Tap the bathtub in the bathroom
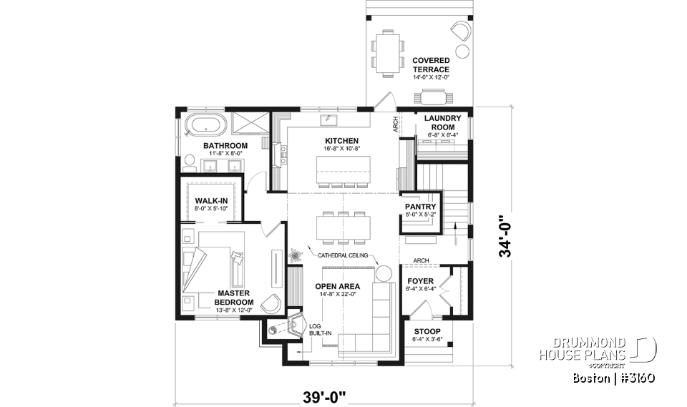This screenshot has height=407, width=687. pyautogui.click(x=205, y=127)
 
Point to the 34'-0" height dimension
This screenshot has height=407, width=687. pyautogui.click(x=507, y=237)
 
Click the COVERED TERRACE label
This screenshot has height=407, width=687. pyautogui.click(x=431, y=65)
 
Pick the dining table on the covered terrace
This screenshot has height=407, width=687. pyautogui.click(x=388, y=54)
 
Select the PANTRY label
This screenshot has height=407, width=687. pyautogui.click(x=420, y=207)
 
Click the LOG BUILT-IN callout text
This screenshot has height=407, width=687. pyautogui.click(x=316, y=329)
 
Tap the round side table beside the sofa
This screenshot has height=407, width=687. pyautogui.click(x=383, y=273)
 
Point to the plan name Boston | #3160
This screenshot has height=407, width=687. pyautogui.click(x=614, y=377)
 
